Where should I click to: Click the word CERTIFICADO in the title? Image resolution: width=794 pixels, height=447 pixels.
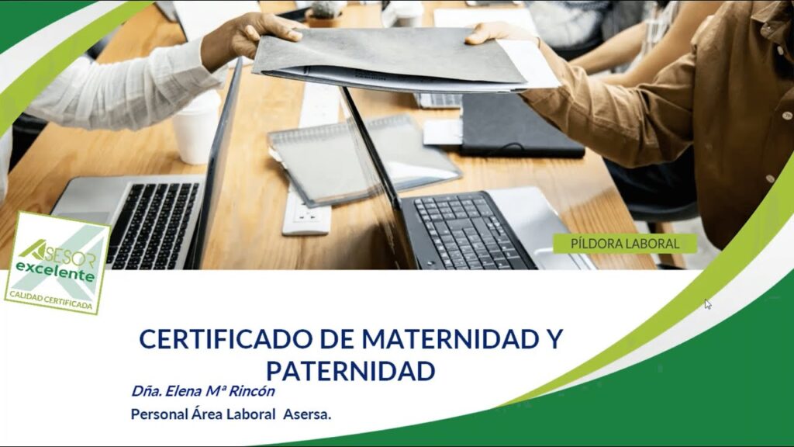point(226,338)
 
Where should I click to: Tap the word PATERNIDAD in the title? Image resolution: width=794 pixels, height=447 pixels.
point(350,371)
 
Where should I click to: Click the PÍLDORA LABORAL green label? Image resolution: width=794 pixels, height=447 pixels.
point(625,244)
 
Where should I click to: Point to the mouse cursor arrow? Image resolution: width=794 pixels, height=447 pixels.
point(707,303)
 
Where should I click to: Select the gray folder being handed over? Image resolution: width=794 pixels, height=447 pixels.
point(390,58)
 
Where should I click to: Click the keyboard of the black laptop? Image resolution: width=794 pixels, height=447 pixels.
point(468,231)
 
